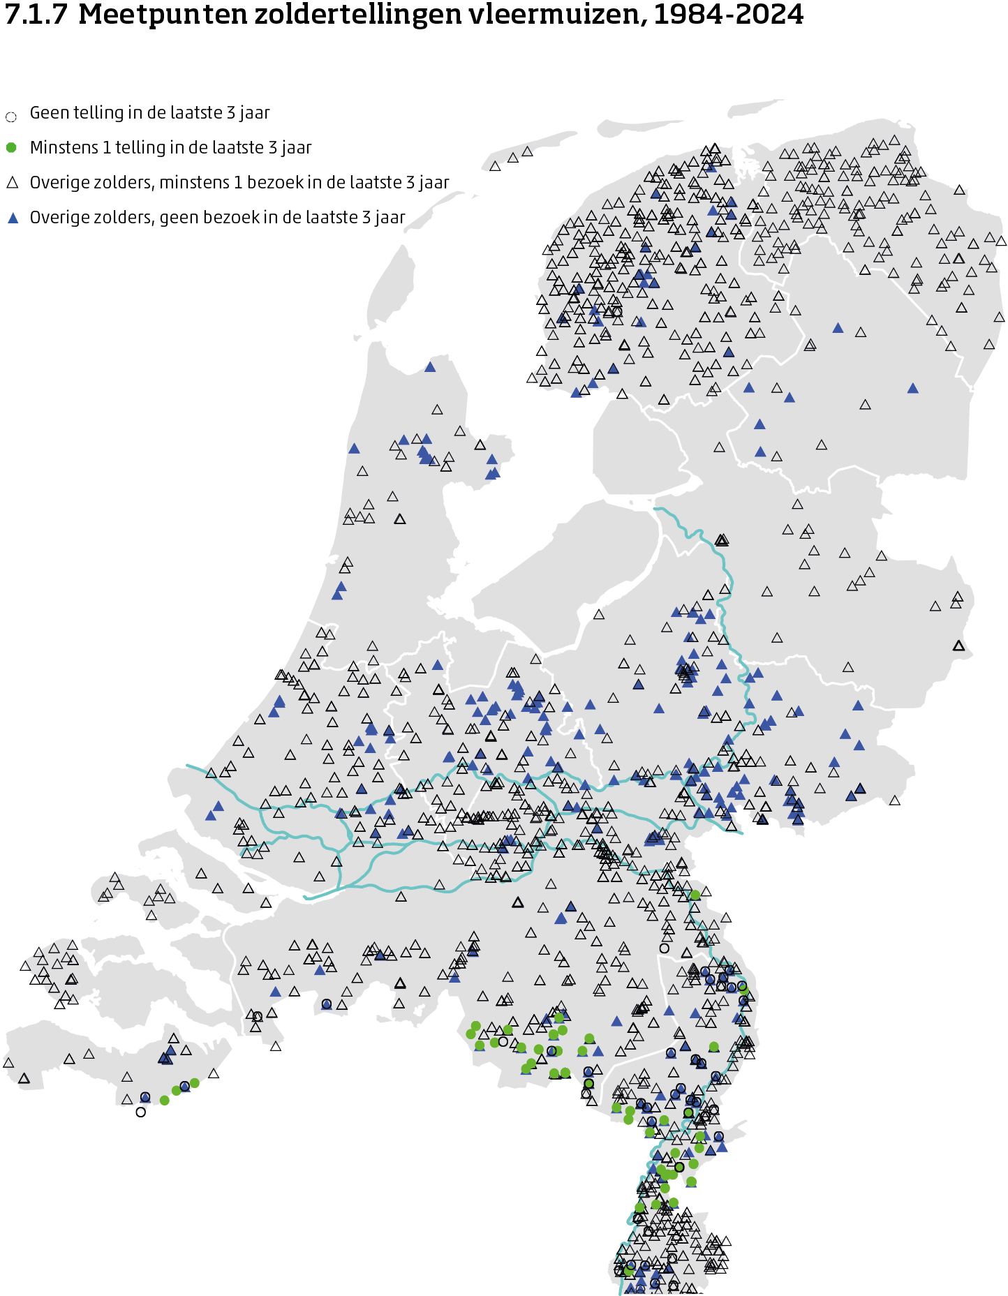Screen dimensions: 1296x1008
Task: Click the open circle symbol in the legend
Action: point(11,117)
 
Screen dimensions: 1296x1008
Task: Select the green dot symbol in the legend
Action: point(11,148)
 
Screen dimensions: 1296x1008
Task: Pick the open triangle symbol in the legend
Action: point(12,183)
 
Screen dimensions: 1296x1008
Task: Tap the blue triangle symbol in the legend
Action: point(12,218)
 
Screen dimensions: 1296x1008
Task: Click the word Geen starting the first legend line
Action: point(48,113)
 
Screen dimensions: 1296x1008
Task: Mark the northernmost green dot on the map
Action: point(695,895)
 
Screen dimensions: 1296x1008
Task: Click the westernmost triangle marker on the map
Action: point(8,1063)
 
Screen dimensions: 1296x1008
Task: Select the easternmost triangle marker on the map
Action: point(1002,241)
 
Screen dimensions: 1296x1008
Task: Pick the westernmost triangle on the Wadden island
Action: point(495,166)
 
